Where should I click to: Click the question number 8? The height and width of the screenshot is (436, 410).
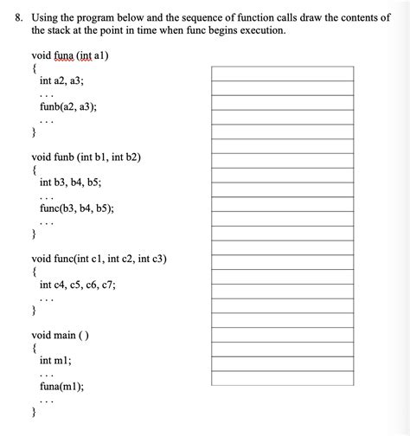13,16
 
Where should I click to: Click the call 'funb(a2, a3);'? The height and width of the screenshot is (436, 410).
68,107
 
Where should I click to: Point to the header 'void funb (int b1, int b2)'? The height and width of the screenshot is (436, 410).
86,157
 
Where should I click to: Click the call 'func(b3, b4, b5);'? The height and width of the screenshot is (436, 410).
77,208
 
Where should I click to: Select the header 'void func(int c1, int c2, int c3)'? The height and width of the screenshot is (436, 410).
99,259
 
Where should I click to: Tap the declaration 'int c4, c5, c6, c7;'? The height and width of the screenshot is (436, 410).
78,284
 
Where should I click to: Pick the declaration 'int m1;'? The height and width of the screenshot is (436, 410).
55,360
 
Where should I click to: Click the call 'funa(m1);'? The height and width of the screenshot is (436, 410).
61,387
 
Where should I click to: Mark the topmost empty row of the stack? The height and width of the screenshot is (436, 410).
283,74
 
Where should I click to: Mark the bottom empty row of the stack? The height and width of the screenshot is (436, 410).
283,377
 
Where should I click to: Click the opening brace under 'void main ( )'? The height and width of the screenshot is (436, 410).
34,348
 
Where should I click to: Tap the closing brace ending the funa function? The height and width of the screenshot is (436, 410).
34,132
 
